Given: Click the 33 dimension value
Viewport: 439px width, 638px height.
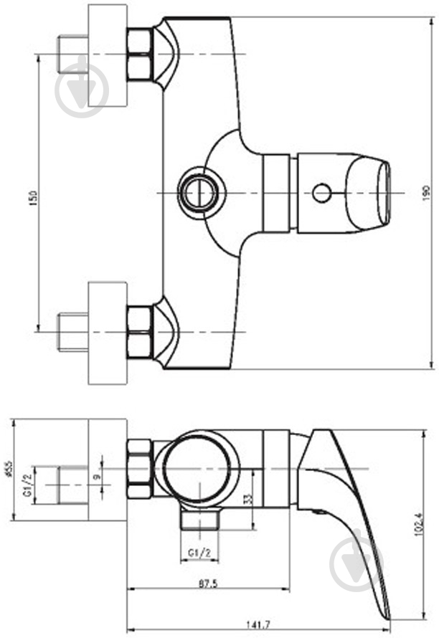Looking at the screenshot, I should coord(247,497).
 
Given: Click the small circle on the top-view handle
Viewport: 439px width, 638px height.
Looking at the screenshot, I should coord(321,192).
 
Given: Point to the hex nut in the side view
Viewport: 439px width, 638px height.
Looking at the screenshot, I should coord(139,470).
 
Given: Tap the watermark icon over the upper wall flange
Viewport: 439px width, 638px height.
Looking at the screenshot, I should coord(81,88).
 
